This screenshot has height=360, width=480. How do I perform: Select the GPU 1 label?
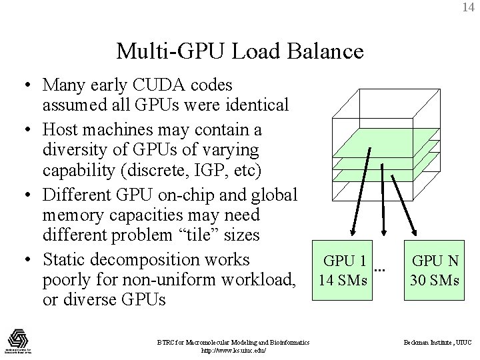pyautogui.click(x=344, y=261)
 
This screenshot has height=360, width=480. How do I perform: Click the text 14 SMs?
pyautogui.click(x=343, y=280)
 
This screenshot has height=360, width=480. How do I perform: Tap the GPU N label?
pyautogui.click(x=435, y=261)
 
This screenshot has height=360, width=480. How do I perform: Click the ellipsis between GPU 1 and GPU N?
pyautogui.click(x=380, y=269)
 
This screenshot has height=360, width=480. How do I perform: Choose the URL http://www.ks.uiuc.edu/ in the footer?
pyautogui.click(x=233, y=349)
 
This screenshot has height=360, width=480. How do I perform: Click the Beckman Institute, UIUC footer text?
pyautogui.click(x=439, y=342)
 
